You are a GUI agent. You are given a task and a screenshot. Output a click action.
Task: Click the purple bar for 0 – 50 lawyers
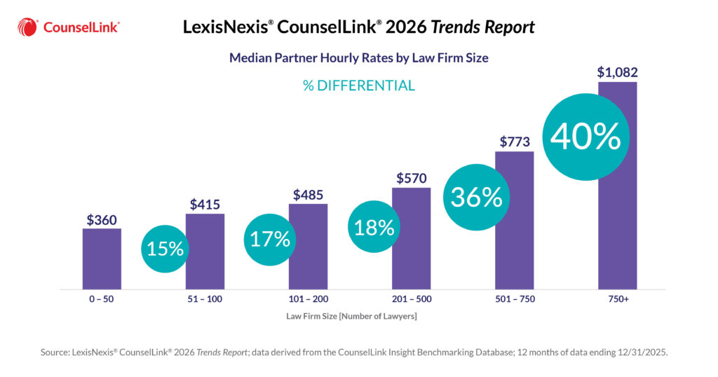[102, 259]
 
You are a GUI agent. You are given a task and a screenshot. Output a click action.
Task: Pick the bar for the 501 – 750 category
[514, 231]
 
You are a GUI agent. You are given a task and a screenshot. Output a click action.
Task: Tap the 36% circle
[477, 198]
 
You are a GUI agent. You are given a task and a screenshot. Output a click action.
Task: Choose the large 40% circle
[585, 137]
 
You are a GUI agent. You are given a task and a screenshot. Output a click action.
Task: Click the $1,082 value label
[617, 72]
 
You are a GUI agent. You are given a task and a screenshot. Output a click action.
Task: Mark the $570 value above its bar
[411, 178]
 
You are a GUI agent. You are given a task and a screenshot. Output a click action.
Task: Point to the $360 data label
[102, 219]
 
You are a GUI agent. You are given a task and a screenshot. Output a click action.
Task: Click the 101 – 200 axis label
[308, 299]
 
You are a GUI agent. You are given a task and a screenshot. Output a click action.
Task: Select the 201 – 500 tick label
[411, 299]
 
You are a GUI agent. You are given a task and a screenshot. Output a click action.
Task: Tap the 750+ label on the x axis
[617, 299]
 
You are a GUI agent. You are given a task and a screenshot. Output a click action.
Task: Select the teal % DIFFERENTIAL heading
[359, 86]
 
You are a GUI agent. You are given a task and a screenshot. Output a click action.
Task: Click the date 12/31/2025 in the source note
[641, 353]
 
